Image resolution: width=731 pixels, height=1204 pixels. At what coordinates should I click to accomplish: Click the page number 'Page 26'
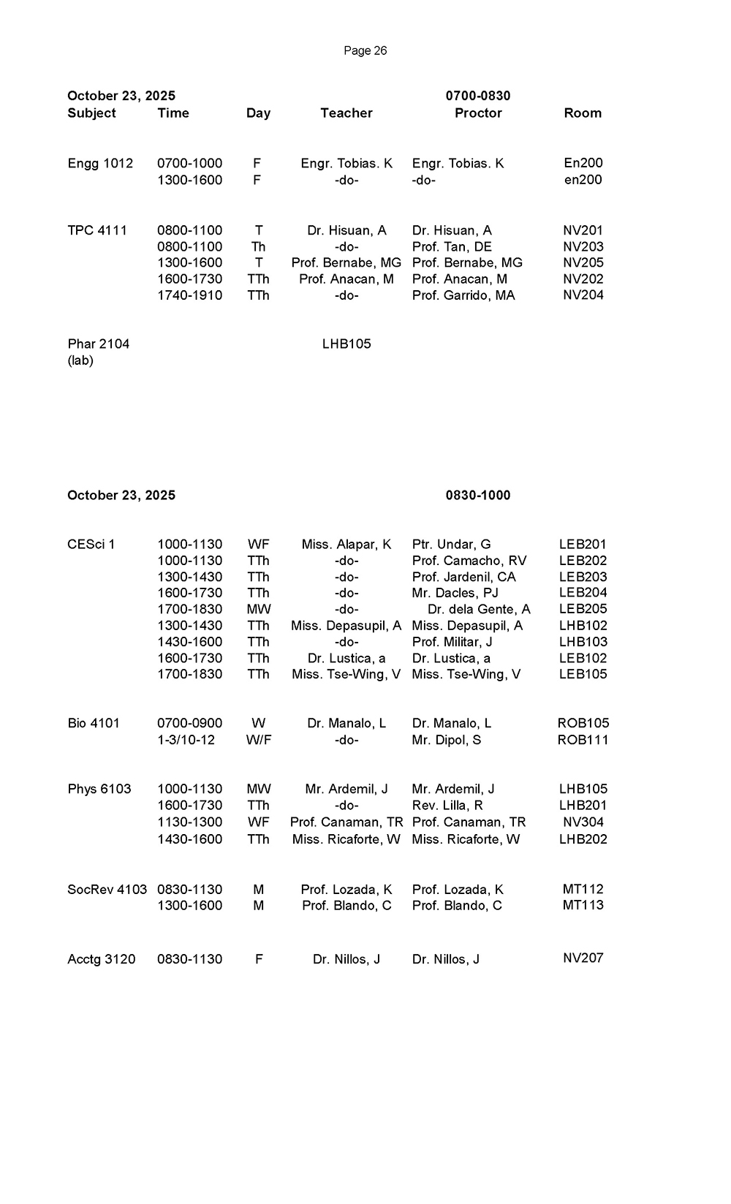click(x=365, y=50)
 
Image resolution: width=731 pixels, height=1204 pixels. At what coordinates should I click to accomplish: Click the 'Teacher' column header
click(x=346, y=113)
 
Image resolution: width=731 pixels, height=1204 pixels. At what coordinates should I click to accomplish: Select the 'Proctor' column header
click(x=478, y=113)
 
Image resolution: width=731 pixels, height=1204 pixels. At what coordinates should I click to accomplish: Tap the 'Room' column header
click(x=583, y=113)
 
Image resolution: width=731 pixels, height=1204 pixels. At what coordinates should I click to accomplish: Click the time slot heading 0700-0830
click(x=478, y=96)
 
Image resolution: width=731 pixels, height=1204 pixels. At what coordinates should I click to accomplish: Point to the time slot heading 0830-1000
click(x=478, y=495)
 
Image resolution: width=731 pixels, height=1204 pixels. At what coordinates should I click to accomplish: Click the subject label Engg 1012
click(x=100, y=163)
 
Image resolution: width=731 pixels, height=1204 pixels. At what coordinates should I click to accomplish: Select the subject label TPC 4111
click(x=97, y=230)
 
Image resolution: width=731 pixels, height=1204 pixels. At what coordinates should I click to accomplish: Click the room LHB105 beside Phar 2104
click(x=346, y=344)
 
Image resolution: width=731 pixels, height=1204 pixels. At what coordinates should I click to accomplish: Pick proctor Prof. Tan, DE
click(x=452, y=246)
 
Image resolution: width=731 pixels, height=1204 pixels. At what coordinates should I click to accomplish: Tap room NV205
click(x=583, y=262)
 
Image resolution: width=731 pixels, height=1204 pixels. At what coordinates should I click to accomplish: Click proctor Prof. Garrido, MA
click(x=463, y=295)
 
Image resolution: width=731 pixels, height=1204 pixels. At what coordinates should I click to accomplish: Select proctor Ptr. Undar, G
click(x=451, y=544)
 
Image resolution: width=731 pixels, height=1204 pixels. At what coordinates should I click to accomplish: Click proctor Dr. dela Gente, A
click(x=479, y=609)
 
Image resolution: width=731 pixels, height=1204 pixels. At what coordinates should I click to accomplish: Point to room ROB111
click(x=583, y=739)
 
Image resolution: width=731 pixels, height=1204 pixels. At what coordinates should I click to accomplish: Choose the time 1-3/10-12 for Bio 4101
click(x=186, y=739)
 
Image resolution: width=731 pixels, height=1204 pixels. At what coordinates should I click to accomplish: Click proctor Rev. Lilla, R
click(x=447, y=805)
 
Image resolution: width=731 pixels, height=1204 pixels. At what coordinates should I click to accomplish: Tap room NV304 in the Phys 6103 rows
click(x=583, y=822)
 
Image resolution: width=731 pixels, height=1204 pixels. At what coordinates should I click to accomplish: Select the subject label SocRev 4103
click(x=107, y=890)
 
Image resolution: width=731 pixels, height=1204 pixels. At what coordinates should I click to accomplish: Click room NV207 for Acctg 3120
click(x=583, y=958)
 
